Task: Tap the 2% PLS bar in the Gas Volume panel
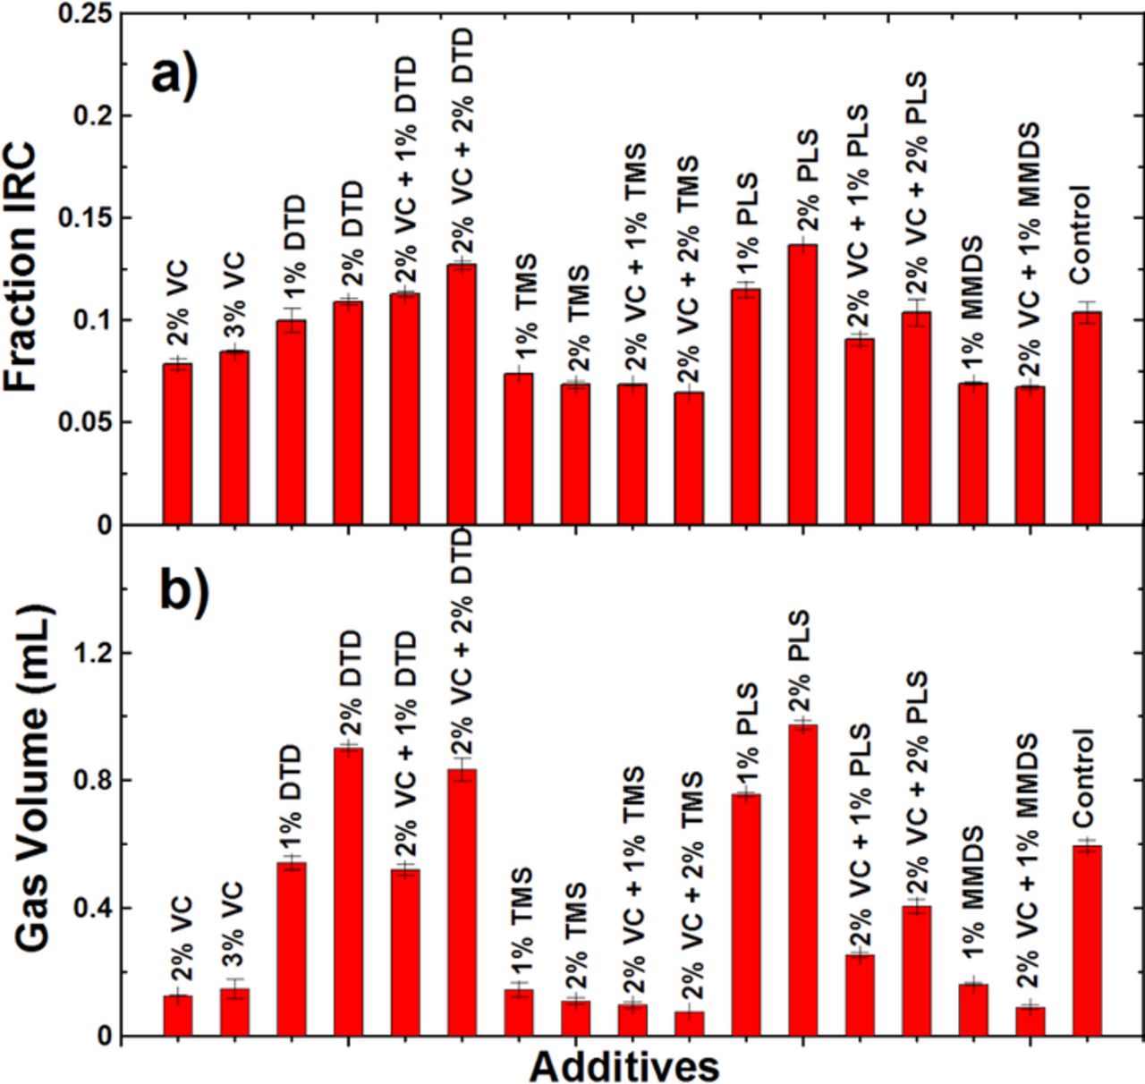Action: pos(802,880)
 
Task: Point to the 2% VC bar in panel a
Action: pos(177,444)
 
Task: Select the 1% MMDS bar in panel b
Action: pos(973,1010)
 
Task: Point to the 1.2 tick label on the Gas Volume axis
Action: pos(93,653)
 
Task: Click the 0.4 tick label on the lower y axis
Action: pos(93,909)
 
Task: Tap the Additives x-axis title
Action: pos(623,1066)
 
